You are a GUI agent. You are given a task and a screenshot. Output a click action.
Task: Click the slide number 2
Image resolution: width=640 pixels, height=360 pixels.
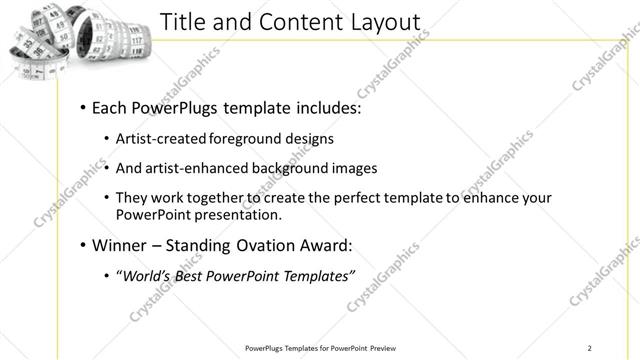(x=589, y=348)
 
